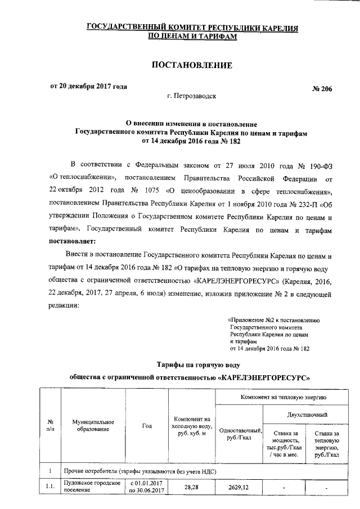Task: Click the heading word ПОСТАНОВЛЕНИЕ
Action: point(192,65)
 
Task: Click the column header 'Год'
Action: point(147,426)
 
